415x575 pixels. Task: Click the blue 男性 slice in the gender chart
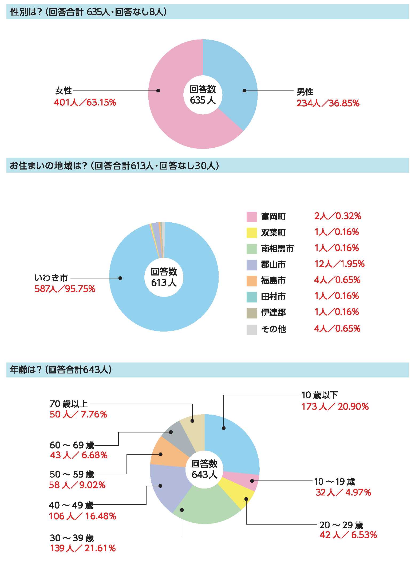click(x=235, y=80)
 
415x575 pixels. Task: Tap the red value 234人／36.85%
click(x=328, y=103)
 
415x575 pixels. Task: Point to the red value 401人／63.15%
click(x=85, y=102)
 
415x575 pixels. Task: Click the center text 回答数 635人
click(x=203, y=94)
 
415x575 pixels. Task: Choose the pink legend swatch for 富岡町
click(x=251, y=216)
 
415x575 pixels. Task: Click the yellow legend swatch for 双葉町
click(x=251, y=233)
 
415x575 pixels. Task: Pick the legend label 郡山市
click(x=273, y=265)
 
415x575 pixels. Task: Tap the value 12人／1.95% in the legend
click(x=339, y=264)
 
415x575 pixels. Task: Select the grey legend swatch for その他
click(x=251, y=329)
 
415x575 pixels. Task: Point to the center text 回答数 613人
click(x=164, y=277)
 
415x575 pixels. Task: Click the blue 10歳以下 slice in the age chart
click(x=235, y=443)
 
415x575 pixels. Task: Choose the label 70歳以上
click(x=69, y=404)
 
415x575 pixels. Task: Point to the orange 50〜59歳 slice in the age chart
click(x=168, y=454)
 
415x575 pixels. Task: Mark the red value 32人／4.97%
click(x=343, y=492)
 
